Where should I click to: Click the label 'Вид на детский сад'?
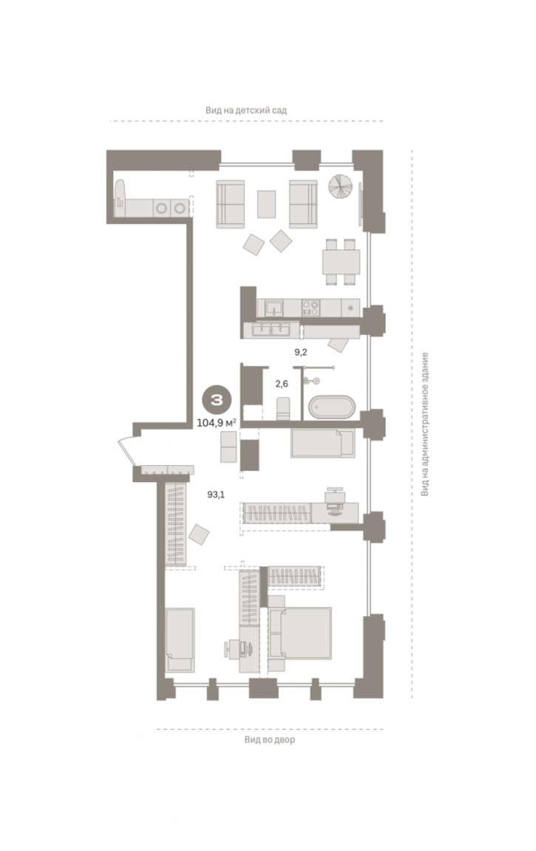[x=245, y=110]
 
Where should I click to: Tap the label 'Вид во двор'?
[x=270, y=739]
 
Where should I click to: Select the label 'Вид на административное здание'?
[x=425, y=424]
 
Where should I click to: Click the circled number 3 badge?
[x=217, y=400]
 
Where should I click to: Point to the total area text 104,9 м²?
[x=216, y=423]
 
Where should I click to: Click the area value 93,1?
[x=216, y=494]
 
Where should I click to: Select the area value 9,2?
[x=301, y=352]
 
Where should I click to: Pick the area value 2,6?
[x=282, y=384]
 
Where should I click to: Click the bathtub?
[x=332, y=407]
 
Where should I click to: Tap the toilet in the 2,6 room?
[x=283, y=409]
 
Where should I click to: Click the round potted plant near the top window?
[x=341, y=186]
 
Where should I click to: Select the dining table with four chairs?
[x=342, y=262]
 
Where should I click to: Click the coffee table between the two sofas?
[x=266, y=204]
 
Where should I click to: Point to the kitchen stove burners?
[x=311, y=308]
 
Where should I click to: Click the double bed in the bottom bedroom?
[x=301, y=633]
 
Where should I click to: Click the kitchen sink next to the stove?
[x=274, y=308]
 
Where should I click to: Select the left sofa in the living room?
[x=231, y=204]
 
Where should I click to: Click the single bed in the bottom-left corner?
[x=180, y=640]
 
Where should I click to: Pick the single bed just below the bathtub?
[x=323, y=443]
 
